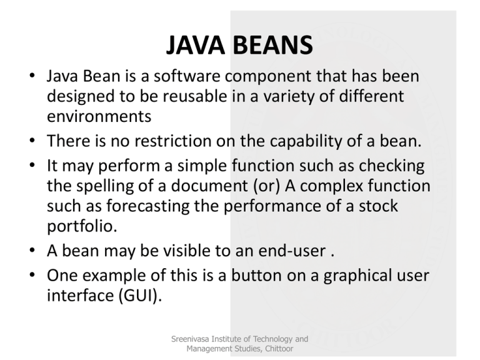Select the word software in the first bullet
pyautogui.click(x=187, y=79)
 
